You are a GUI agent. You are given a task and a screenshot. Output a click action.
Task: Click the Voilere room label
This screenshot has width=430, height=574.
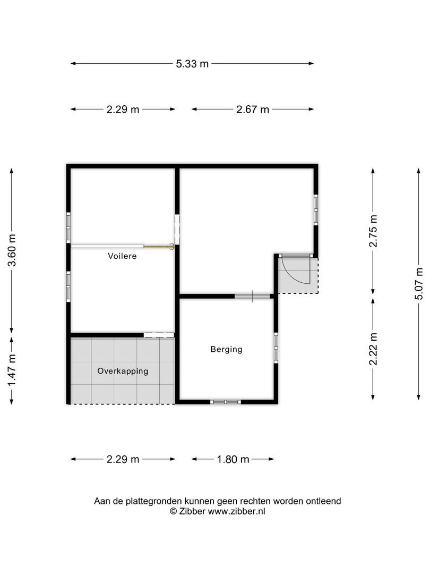click(122, 256)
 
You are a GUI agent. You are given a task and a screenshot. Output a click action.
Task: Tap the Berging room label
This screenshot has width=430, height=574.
click(226, 349)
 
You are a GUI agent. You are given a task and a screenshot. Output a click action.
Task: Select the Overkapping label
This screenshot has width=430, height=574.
click(123, 371)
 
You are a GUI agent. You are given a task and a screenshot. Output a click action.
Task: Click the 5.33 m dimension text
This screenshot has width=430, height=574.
click(192, 64)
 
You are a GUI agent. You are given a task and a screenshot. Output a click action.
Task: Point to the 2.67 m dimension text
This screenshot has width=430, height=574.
click(253, 109)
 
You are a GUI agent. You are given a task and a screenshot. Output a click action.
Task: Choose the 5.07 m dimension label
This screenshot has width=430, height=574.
click(419, 284)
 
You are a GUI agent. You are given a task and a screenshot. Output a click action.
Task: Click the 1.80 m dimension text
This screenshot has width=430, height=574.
click(233, 459)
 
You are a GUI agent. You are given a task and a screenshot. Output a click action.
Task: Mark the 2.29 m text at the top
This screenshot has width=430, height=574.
click(123, 109)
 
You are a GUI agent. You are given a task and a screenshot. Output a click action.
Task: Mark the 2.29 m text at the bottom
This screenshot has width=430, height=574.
click(123, 459)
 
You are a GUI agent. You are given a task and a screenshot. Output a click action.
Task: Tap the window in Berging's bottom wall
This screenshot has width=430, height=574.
click(226, 402)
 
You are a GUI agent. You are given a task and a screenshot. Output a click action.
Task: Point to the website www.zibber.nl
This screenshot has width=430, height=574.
click(236, 511)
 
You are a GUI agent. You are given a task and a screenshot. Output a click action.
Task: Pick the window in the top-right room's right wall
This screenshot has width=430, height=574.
click(316, 209)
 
